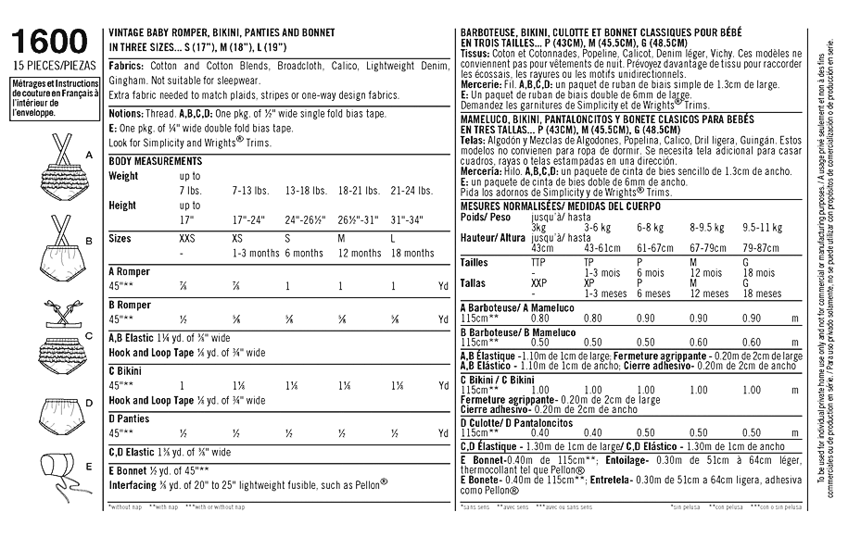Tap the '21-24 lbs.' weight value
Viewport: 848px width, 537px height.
click(x=407, y=190)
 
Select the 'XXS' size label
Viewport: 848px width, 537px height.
click(x=188, y=237)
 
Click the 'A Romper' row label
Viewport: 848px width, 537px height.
click(x=130, y=271)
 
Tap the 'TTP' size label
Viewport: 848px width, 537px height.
click(x=538, y=262)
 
